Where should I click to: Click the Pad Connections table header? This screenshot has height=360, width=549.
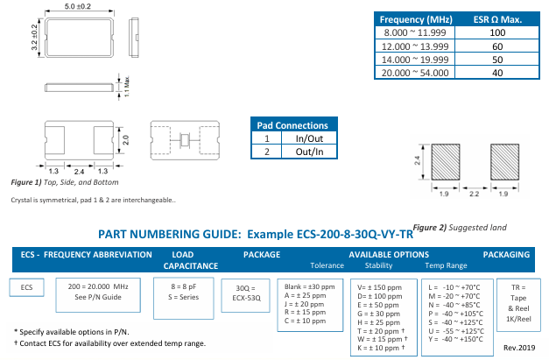295,125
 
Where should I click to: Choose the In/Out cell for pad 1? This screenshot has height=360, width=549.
309,138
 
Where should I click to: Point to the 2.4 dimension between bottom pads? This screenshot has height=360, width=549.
80,170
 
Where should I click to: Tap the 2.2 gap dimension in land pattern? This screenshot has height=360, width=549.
474,192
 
